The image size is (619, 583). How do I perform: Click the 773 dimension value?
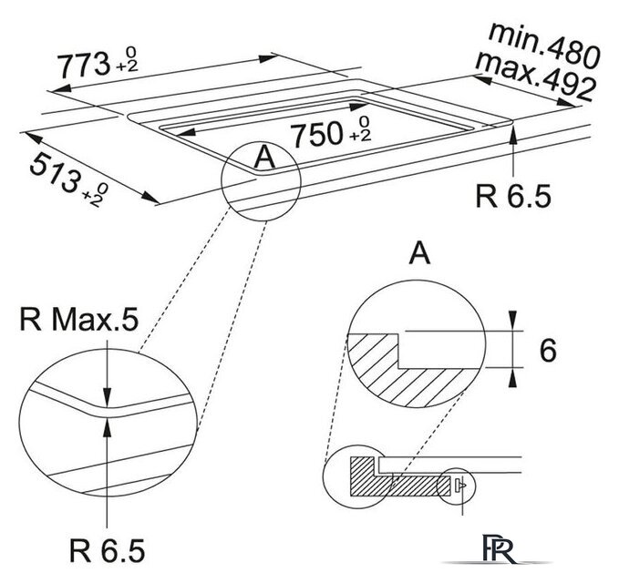click(83, 65)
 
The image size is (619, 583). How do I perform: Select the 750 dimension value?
click(315, 134)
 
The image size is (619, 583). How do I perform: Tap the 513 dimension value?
click(55, 173)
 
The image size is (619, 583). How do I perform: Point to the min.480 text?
click(544, 45)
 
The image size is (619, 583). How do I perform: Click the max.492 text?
click(535, 77)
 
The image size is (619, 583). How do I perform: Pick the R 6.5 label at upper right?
click(513, 196)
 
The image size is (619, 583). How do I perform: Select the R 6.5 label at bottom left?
click(108, 550)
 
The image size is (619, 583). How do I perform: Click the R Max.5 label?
click(79, 319)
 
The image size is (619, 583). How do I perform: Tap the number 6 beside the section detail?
click(548, 350)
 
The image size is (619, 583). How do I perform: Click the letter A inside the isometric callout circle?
click(265, 157)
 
